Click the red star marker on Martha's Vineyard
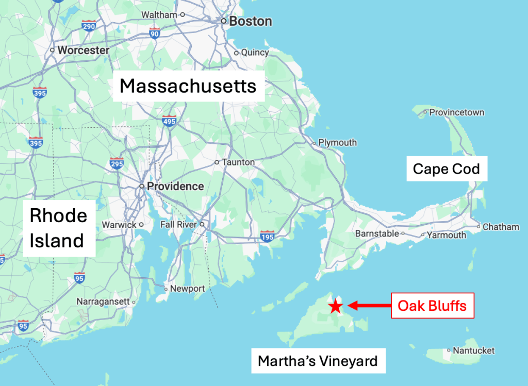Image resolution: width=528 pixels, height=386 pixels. (335, 306)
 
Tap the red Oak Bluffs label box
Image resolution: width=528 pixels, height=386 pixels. (432, 306)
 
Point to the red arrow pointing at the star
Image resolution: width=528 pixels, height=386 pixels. (368, 306)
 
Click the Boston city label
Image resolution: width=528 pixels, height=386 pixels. (250, 22)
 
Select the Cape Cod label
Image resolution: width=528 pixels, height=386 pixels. (447, 169)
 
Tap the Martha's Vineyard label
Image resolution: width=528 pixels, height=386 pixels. (318, 361)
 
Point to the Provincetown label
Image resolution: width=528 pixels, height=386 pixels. (456, 112)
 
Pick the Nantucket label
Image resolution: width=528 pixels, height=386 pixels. (473, 350)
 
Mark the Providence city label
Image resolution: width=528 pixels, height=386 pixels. (175, 186)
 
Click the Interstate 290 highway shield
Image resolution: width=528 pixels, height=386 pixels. (89, 26)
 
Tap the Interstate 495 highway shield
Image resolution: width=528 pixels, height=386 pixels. (169, 122)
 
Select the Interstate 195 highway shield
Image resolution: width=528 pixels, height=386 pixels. (268, 236)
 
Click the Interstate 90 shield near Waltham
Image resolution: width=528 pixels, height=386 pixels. (154, 34)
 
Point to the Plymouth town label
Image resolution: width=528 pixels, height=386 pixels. (337, 142)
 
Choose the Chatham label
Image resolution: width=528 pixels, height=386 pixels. (501, 227)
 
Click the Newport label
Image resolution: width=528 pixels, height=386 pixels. (187, 289)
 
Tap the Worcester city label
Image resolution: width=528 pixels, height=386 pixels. (83, 51)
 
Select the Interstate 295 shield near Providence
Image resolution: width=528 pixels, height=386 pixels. (117, 164)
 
